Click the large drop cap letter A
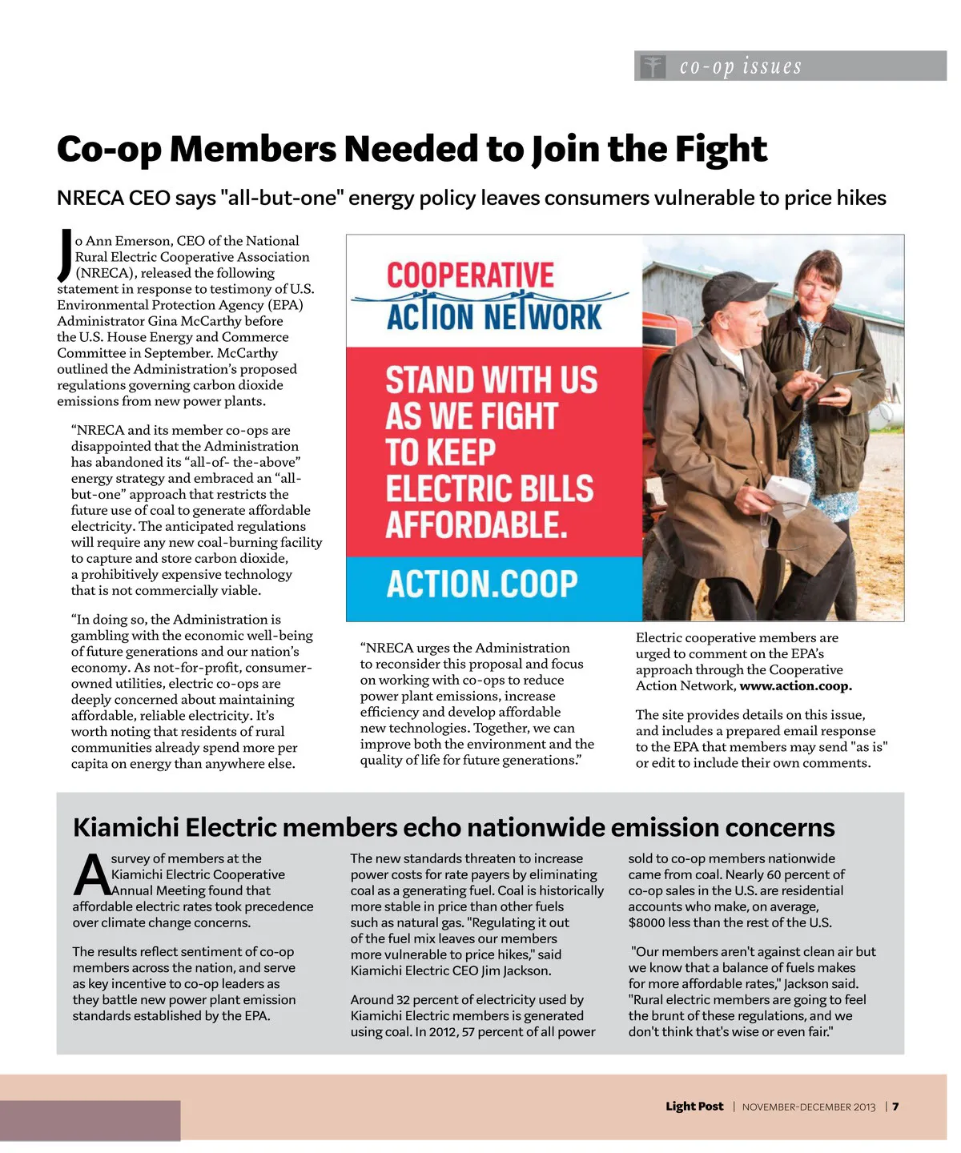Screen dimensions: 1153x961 91,875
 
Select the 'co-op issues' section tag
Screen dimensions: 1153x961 740,66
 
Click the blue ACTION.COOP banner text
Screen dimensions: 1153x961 481,584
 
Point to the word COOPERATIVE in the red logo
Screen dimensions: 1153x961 470,275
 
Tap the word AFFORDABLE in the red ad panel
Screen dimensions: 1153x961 476,525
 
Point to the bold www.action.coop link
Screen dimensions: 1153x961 795,686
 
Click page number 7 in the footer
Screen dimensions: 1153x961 896,1107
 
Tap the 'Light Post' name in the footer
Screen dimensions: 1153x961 694,1107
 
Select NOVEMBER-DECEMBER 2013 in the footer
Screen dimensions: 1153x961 809,1107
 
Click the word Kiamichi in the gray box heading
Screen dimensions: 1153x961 126,827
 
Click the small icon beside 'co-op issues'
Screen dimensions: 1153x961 653,66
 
